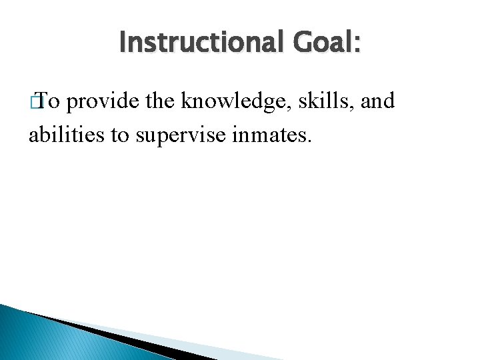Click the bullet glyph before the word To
point(38,101)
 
